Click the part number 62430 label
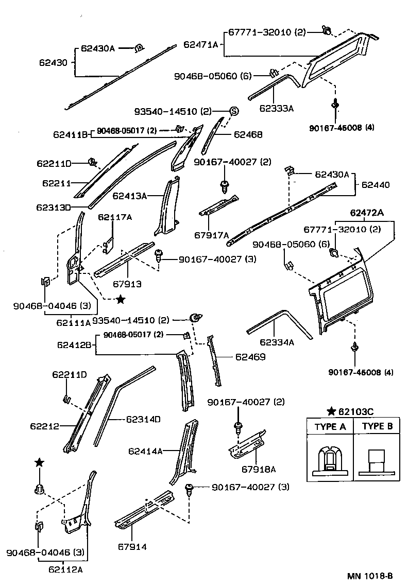pyautogui.click(x=53, y=63)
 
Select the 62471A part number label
pyautogui.click(x=201, y=45)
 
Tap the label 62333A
pyautogui.click(x=276, y=108)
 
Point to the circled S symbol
pyautogui.click(x=233, y=111)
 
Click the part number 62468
pyautogui.click(x=248, y=135)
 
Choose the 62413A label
pyautogui.click(x=130, y=196)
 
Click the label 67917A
pyautogui.click(x=211, y=235)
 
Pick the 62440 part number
pyautogui.click(x=376, y=184)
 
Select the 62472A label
pyautogui.click(x=367, y=212)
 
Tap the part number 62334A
pyautogui.click(x=276, y=342)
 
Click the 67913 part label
pyautogui.click(x=127, y=284)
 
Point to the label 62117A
pyautogui.click(x=114, y=217)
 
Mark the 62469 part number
pyautogui.click(x=250, y=356)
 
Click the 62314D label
pyautogui.click(x=143, y=419)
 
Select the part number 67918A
pyautogui.click(x=259, y=469)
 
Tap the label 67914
pyautogui.click(x=132, y=546)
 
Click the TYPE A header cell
pyautogui.click(x=330, y=426)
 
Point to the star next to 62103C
pyautogui.click(x=332, y=411)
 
